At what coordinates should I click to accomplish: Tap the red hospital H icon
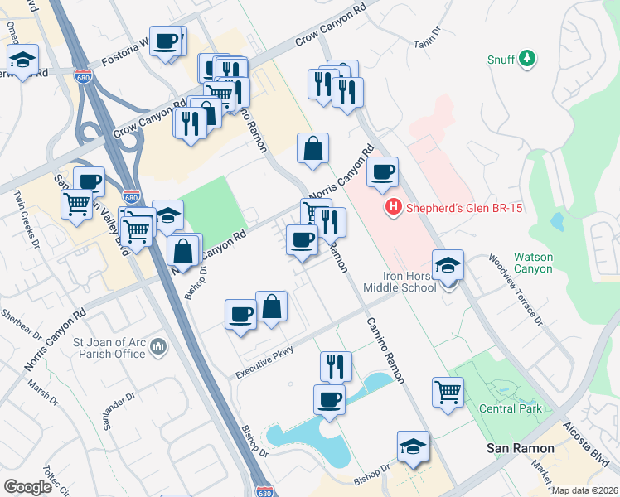pos(394,208)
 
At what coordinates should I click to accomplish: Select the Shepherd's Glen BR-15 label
pos(463,209)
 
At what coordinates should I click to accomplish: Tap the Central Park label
pos(511,408)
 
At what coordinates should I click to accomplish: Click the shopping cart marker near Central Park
pos(448,391)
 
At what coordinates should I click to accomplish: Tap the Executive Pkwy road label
pos(264,362)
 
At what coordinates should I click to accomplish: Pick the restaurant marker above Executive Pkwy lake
pos(336,364)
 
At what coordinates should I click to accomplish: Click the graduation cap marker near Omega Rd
pos(23,59)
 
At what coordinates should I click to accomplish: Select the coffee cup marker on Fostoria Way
pos(166,41)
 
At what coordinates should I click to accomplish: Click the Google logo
pos(27,486)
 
